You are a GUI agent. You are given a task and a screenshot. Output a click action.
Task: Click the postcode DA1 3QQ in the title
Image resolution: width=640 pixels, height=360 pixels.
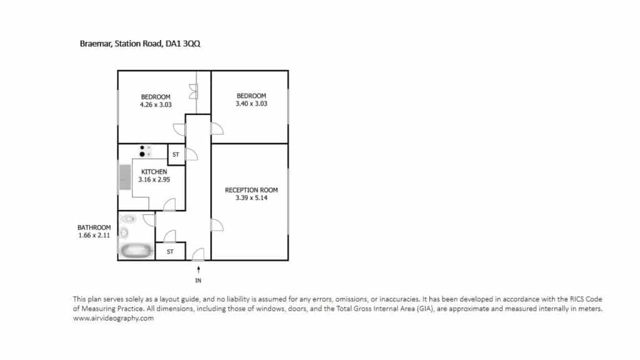click(x=182, y=44)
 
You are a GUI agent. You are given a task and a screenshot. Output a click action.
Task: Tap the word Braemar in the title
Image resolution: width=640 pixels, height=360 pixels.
click(x=96, y=44)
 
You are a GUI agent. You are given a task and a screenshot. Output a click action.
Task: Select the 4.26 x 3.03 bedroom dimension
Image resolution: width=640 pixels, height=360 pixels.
click(x=156, y=105)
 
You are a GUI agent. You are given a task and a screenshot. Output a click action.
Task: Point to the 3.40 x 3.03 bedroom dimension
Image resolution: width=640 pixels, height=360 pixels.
click(x=251, y=104)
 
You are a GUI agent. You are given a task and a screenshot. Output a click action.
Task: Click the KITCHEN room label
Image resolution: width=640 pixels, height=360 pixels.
click(x=154, y=172)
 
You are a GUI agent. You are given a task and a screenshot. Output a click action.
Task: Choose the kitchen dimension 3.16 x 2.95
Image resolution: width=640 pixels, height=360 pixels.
click(x=154, y=179)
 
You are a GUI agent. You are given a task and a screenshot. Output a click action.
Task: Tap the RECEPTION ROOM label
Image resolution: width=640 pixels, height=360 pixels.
click(x=251, y=190)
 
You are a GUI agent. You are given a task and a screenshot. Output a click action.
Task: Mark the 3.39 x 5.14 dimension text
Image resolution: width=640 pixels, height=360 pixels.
click(x=251, y=198)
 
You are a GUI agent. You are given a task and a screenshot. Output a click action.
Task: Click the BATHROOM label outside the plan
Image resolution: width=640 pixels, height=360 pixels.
click(x=94, y=227)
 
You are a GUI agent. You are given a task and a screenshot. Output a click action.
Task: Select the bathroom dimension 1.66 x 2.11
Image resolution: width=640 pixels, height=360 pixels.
click(x=94, y=236)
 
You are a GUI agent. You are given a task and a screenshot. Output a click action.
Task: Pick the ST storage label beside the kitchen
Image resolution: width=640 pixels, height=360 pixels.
click(x=176, y=155)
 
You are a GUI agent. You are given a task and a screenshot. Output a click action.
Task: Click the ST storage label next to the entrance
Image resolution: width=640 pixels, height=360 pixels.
click(x=170, y=252)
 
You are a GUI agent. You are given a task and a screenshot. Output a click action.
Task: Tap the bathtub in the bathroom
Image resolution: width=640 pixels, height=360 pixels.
click(x=136, y=250)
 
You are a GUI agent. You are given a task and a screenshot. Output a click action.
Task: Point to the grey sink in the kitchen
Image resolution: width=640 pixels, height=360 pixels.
click(x=125, y=177)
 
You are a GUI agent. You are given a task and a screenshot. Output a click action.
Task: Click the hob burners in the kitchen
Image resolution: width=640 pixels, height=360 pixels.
click(x=145, y=151)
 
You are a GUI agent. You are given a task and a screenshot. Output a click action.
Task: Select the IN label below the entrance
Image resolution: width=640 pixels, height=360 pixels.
click(x=198, y=281)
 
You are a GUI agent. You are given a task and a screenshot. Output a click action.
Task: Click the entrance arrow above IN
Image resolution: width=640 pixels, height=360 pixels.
click(x=198, y=270)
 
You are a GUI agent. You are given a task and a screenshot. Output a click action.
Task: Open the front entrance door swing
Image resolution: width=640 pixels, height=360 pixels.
click(x=198, y=254)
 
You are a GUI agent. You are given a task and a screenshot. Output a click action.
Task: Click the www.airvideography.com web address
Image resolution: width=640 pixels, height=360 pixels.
click(x=114, y=318)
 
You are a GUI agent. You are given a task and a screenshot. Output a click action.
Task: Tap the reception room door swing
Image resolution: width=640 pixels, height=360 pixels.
click(x=217, y=225)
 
